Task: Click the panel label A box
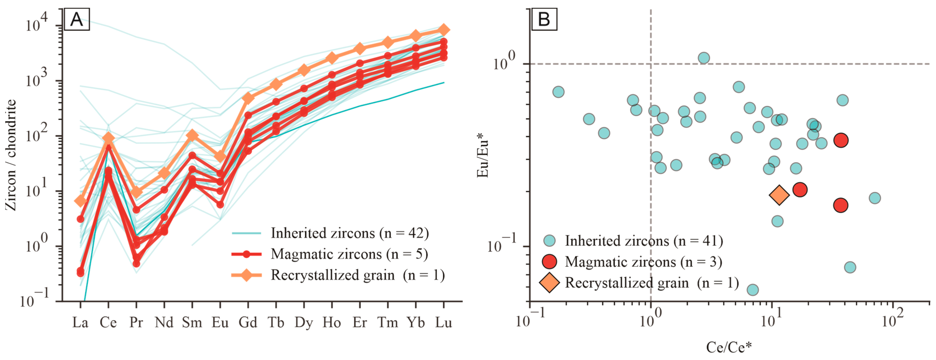(77, 19)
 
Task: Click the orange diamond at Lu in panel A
(444, 30)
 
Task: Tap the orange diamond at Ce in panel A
(108, 138)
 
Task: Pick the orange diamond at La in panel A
(80, 201)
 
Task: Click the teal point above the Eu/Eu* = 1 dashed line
(704, 58)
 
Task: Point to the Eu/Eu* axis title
(483, 155)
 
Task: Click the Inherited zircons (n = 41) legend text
(644, 241)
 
